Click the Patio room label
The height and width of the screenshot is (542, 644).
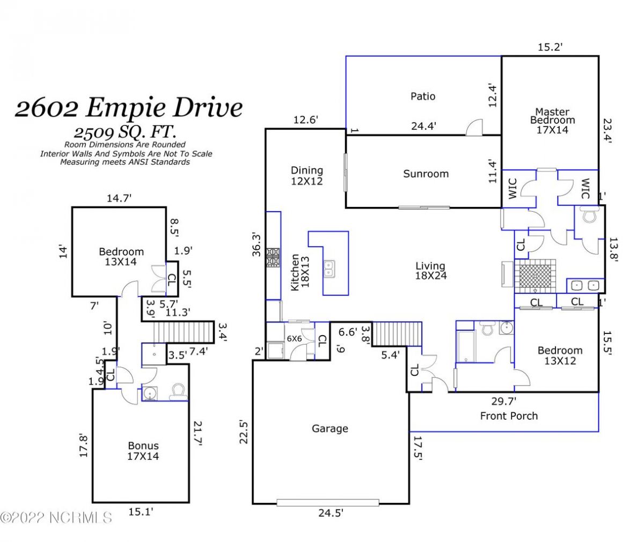(x=422, y=96)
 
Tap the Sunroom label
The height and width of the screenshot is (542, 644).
(x=426, y=174)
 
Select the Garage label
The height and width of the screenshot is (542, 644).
(x=330, y=428)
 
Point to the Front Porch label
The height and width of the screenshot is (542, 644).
(x=509, y=416)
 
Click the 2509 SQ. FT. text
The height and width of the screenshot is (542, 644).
(x=125, y=132)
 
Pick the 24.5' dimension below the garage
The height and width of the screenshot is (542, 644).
(x=331, y=513)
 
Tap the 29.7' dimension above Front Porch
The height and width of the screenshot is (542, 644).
(x=504, y=401)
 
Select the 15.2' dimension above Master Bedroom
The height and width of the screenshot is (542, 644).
(x=550, y=47)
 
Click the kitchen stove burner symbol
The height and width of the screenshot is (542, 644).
(x=273, y=257)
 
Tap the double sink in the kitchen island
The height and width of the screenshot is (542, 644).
(x=329, y=269)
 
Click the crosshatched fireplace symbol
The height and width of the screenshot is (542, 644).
(x=535, y=276)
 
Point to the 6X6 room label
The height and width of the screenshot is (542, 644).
(x=294, y=339)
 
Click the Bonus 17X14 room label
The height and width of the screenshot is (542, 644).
(x=143, y=451)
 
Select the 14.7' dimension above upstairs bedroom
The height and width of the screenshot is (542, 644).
(x=119, y=198)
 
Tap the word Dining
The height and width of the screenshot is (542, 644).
(x=307, y=170)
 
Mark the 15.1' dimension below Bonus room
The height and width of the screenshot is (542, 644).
(x=141, y=512)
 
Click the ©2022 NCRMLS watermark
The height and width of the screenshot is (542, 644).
(x=56, y=518)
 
